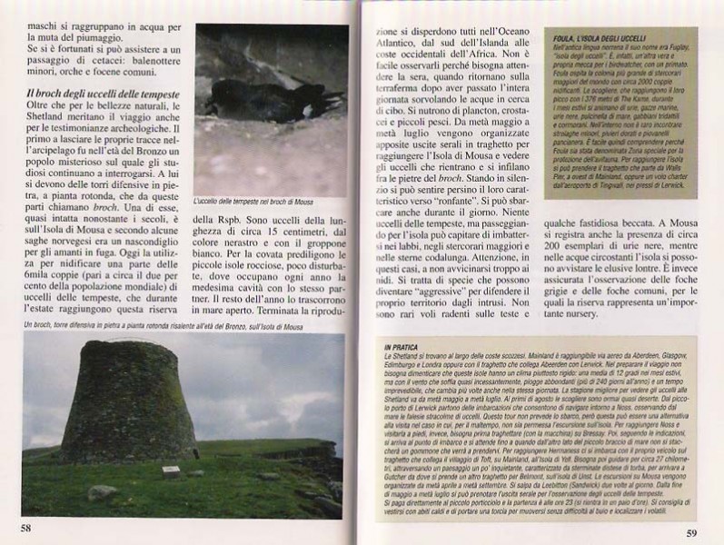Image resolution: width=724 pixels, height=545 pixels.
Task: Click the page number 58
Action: tap(26, 525)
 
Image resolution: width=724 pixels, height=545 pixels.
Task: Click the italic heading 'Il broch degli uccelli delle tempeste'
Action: tap(103, 94)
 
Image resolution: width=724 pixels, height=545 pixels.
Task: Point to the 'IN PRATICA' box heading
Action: tap(400, 347)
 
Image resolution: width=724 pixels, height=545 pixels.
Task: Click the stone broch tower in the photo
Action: tap(128, 404)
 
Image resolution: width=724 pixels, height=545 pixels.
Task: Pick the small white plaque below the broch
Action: tap(170, 471)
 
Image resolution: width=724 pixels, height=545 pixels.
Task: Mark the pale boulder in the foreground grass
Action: tap(101, 491)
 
